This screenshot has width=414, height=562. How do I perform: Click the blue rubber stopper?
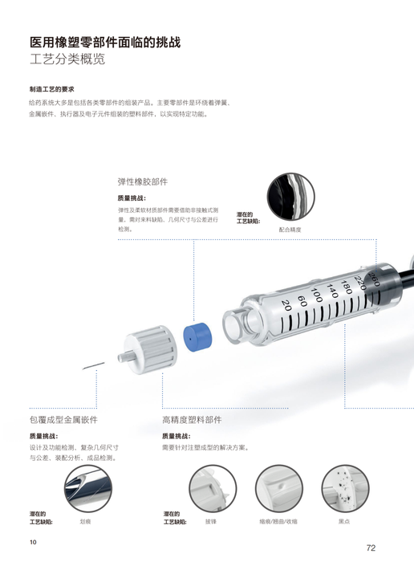[x=197, y=338]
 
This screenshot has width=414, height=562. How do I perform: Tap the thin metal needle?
[x=94, y=366]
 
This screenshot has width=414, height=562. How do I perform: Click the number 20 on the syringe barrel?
[x=286, y=305]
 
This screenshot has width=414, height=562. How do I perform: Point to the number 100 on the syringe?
[x=317, y=295]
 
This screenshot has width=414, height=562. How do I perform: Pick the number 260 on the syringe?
[x=374, y=279]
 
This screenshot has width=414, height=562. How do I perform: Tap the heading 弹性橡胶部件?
[x=143, y=181]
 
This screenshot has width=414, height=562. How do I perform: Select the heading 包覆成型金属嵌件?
[x=63, y=420]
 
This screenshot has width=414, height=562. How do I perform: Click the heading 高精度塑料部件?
[x=192, y=420]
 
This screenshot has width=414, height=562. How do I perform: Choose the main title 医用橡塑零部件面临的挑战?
[x=105, y=43]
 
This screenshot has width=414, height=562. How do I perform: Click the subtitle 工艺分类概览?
[x=67, y=59]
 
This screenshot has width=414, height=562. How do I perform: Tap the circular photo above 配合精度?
[x=290, y=197]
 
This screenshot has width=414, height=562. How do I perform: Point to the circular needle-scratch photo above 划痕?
[x=88, y=488]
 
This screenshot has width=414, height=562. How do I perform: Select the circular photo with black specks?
[x=345, y=488]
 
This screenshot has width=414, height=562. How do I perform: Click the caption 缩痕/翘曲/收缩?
[x=278, y=522]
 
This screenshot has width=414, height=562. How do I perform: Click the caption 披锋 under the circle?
[x=211, y=522]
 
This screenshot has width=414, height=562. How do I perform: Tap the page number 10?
[x=33, y=542]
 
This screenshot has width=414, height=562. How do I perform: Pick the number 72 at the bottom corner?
[x=371, y=548]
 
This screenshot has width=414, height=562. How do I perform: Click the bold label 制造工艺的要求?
[x=51, y=89]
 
